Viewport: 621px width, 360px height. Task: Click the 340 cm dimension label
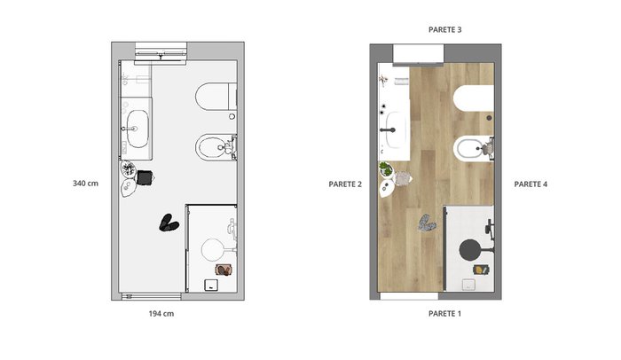pos(85,184)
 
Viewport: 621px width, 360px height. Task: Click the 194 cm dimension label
pos(161,314)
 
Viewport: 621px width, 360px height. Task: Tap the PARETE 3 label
pos(444,29)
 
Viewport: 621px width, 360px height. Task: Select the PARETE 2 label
pos(345,184)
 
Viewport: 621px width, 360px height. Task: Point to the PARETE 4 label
pos(531,184)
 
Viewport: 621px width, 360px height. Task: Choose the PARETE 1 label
pos(444,314)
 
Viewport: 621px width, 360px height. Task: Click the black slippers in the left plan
pos(169,223)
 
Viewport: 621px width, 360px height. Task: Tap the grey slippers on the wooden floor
pos(427,223)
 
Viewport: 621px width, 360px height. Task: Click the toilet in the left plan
pos(216,97)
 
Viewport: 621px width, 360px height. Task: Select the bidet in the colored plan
pos(474,148)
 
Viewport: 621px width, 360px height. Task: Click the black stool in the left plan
pos(145,177)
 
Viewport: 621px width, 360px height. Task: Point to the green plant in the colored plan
pos(385,169)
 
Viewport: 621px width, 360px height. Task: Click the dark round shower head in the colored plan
pos(469,250)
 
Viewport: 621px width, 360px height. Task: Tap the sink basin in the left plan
pos(138,129)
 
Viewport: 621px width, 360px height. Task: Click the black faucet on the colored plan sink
pos(388,129)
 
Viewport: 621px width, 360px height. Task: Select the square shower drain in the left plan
pos(211,286)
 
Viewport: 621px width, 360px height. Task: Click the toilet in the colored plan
pos(474,98)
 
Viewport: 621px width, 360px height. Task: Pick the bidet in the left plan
pos(216,147)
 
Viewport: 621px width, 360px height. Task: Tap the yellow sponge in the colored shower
pos(479,270)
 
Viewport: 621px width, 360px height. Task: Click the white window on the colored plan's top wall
pos(418,54)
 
